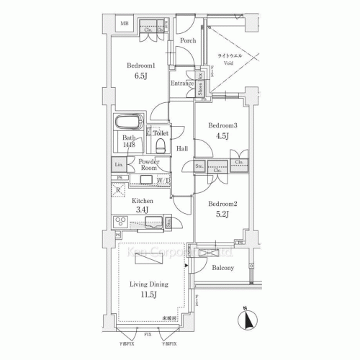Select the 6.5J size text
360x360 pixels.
coord(141,77)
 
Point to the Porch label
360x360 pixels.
coord(189,41)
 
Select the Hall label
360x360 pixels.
coord(182,149)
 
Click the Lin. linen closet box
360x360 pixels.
coord(119,165)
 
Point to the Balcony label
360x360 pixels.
coord(223,269)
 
